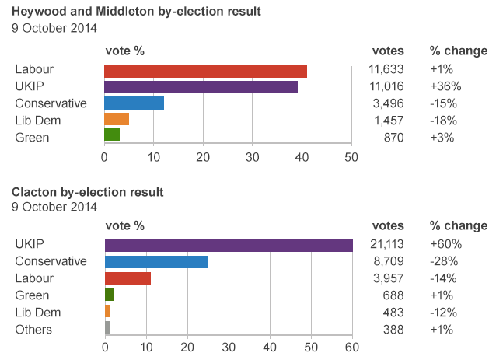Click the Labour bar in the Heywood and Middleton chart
point(205,72)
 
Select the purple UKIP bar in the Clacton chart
point(229,245)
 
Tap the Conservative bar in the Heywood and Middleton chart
point(134,103)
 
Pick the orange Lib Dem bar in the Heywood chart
point(117,119)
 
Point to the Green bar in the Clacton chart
point(109,295)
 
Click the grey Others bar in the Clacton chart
point(107,327)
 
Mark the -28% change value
point(444,261)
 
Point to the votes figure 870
point(393,138)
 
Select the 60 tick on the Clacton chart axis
point(352,347)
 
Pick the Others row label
point(33,330)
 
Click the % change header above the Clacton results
point(458,226)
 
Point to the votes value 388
point(393,330)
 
